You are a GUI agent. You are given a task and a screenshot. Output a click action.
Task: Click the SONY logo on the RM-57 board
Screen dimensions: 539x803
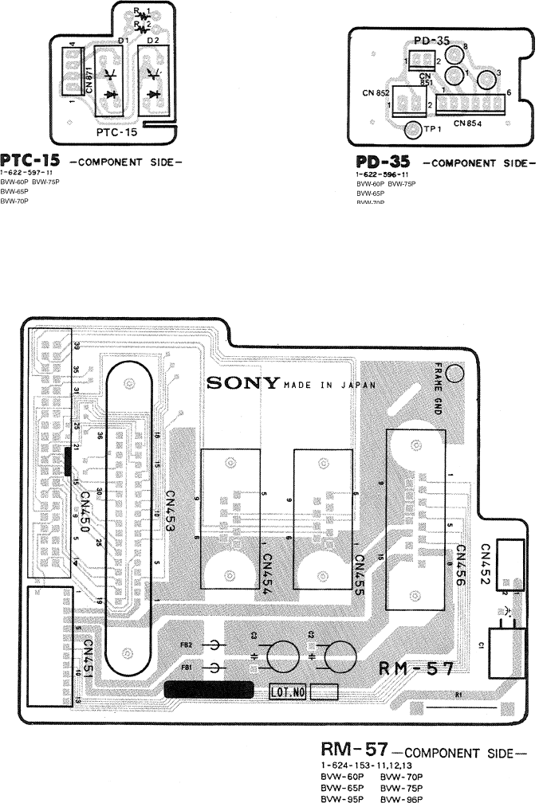[243, 382]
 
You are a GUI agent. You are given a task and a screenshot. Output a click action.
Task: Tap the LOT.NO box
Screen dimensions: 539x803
[289, 691]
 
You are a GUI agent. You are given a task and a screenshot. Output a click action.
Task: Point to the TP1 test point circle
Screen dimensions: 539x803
[412, 130]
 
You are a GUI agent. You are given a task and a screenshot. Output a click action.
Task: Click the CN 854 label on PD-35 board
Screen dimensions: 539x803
[470, 123]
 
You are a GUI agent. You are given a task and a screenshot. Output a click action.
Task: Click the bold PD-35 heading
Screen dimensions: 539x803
[384, 160]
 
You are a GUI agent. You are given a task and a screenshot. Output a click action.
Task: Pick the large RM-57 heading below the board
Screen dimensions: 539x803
[354, 750]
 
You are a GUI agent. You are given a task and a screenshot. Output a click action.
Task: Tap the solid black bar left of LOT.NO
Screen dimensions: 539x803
[209, 689]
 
